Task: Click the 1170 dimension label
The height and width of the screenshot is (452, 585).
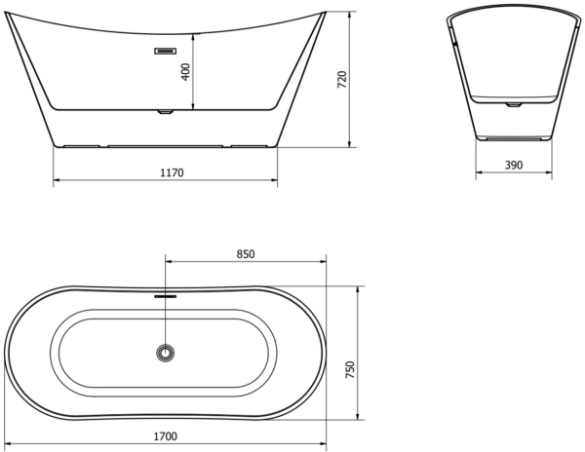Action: (x=172, y=172)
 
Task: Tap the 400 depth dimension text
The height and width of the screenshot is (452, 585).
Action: (x=185, y=72)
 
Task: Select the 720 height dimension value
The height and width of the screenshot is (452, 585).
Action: (x=342, y=79)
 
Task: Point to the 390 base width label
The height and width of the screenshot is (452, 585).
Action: (x=514, y=165)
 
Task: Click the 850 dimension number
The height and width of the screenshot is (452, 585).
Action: (x=246, y=254)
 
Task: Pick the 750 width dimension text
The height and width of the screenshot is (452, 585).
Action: (x=350, y=369)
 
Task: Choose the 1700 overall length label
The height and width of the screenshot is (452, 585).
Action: (x=166, y=436)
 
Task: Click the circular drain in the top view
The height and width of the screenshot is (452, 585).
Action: (x=166, y=353)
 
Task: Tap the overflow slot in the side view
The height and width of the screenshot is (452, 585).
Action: (x=166, y=51)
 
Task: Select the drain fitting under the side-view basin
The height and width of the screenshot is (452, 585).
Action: (x=165, y=111)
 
